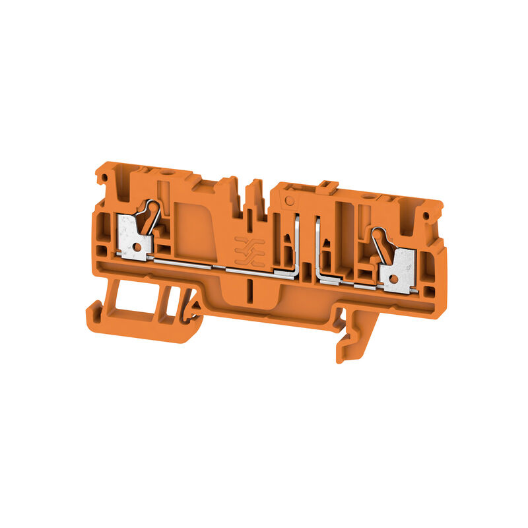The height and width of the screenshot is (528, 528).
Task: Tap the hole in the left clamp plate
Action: (134, 246)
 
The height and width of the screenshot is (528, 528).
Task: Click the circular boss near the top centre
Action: (288, 199)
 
